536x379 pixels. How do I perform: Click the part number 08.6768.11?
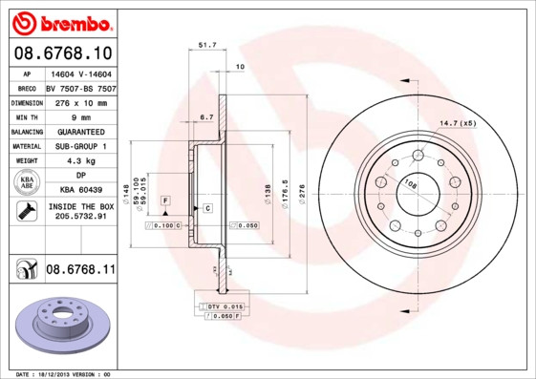[80, 270]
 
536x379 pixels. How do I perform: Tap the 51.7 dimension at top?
[207, 44]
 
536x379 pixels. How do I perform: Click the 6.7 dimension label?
[205, 117]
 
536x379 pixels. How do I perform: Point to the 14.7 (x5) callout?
[457, 123]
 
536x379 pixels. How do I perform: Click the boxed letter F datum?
[165, 200]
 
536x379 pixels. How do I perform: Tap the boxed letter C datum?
[206, 207]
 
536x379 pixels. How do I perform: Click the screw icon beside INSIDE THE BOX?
[26, 211]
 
